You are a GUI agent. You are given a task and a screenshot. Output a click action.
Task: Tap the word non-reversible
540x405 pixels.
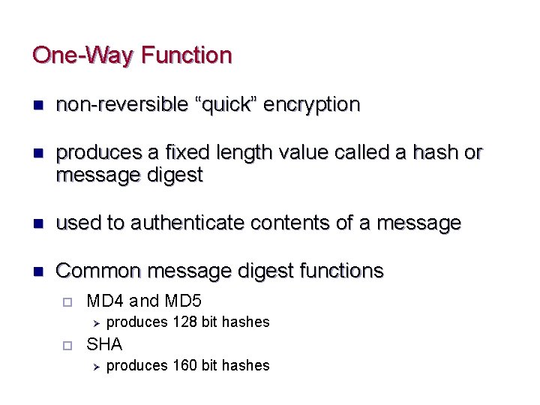point(121,104)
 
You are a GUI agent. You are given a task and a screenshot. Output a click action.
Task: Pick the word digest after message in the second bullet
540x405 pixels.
point(173,175)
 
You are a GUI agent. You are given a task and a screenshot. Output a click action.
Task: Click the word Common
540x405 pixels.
point(99,271)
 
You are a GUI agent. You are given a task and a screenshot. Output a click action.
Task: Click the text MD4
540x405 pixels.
point(105,301)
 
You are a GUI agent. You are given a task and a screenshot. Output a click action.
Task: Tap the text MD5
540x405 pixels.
point(183,301)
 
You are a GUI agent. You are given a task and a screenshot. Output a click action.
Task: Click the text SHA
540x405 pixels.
point(104,344)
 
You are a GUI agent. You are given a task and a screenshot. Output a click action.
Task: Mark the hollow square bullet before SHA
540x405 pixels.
point(67,345)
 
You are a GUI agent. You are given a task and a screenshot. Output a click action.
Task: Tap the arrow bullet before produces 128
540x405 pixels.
point(95,322)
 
